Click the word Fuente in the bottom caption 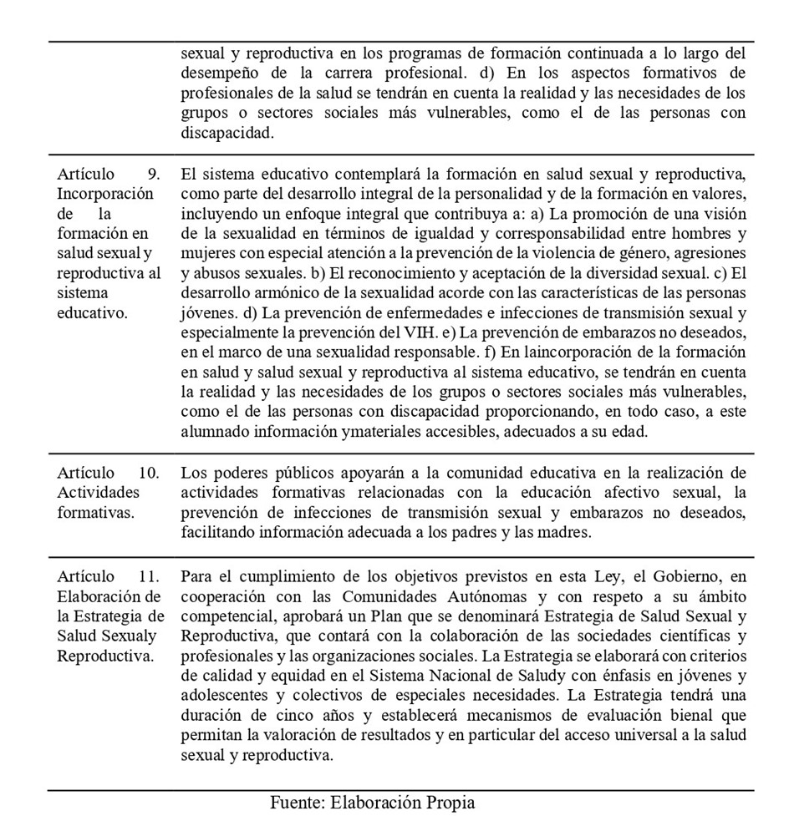click(x=297, y=803)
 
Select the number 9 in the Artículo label click(x=153, y=174)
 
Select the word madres click(x=539, y=532)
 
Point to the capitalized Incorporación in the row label click(x=105, y=194)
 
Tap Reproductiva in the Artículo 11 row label click(x=105, y=656)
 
